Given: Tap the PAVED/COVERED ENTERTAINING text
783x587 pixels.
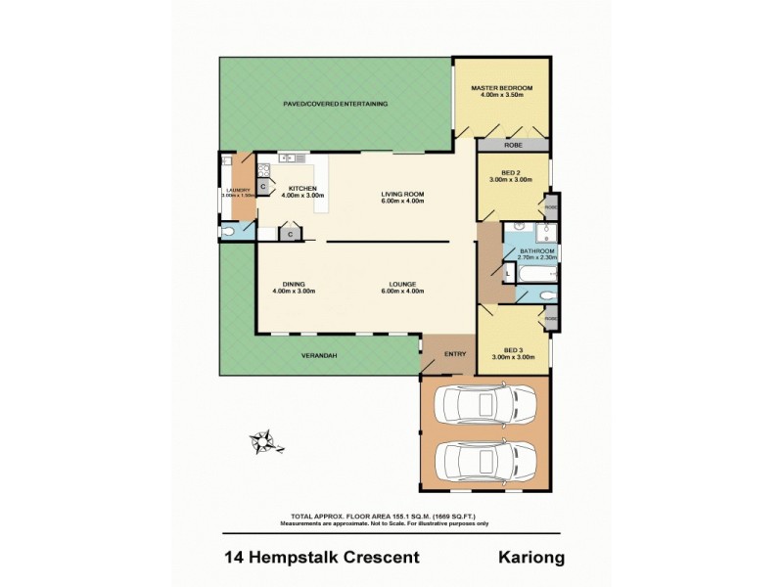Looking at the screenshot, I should tap(336, 103).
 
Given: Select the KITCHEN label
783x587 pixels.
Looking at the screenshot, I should tap(301, 189).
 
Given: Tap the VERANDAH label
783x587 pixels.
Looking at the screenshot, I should tap(318, 355).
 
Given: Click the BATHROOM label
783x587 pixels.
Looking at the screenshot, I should tap(536, 251).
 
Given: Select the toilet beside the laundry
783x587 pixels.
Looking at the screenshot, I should tap(231, 232).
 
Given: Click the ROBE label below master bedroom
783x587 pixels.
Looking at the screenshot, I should tap(513, 145).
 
